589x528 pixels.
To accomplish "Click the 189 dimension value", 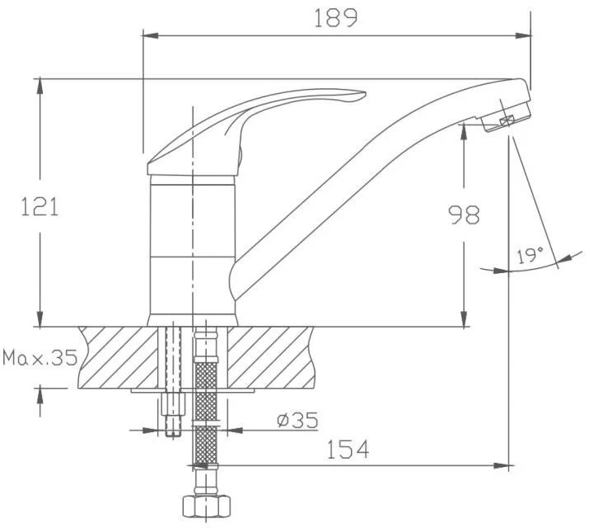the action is tap(336, 18).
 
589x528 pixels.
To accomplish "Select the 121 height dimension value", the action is tap(40, 206).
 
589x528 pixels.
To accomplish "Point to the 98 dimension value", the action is tap(465, 214).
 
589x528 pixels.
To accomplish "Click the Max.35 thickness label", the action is tap(40, 358).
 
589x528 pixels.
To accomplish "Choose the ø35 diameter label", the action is tap(297, 420).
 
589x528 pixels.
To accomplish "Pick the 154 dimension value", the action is tap(348, 449).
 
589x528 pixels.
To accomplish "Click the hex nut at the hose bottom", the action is tap(206, 507).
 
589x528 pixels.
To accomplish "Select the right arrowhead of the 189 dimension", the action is tap(524, 35).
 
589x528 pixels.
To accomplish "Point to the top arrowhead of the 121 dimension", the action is tap(40, 87).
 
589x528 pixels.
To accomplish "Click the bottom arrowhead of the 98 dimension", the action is tap(465, 319).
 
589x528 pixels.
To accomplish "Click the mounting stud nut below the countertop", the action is tap(173, 403).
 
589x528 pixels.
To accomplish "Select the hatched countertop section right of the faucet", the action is tap(270, 357).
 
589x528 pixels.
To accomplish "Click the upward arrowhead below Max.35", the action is tap(40, 396).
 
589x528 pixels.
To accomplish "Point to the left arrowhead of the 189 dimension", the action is tap(150, 35).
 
